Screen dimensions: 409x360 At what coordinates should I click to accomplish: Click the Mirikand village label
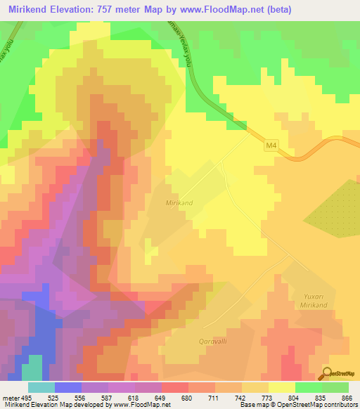(x=179, y=202)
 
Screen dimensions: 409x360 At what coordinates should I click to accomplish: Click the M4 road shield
(x=272, y=146)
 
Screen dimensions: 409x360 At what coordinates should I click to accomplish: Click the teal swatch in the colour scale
(x=41, y=387)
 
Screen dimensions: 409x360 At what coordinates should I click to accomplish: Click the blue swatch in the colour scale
(x=68, y=387)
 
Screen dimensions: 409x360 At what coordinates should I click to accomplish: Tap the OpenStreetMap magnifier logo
(x=326, y=374)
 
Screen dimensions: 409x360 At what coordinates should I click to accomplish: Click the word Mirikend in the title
(x=29, y=10)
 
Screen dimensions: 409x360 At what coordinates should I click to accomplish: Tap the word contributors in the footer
(x=340, y=405)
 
